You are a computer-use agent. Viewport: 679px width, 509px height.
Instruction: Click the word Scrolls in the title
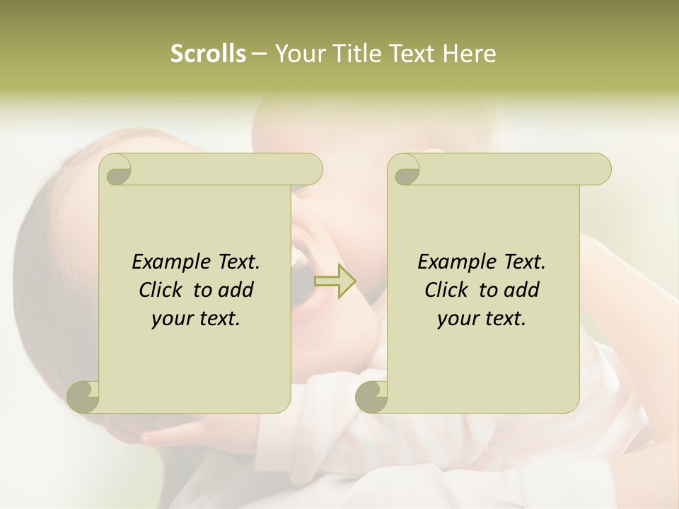208,54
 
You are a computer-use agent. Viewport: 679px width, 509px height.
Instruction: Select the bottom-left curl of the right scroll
373,395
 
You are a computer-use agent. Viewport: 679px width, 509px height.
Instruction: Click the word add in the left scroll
236,291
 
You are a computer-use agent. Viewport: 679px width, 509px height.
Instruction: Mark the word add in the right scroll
522,291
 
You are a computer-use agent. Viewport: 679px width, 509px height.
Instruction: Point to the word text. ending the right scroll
503,319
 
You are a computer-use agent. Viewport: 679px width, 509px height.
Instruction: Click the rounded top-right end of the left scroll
311,170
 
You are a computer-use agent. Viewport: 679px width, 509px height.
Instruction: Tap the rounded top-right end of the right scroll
600,170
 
